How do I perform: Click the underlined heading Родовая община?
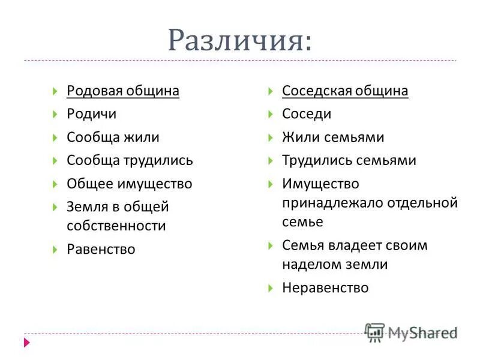(x=123, y=91)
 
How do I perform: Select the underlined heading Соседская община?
(x=345, y=91)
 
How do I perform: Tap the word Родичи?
(x=91, y=114)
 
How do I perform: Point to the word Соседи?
(x=307, y=114)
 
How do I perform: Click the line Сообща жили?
(x=113, y=137)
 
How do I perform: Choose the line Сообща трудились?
(x=130, y=161)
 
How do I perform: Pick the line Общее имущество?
(x=130, y=184)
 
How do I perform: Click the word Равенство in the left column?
(x=101, y=250)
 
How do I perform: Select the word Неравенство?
(x=325, y=288)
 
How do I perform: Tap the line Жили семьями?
(x=333, y=137)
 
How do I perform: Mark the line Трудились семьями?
(x=349, y=161)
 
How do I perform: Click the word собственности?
(x=116, y=226)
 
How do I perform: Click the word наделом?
(x=308, y=265)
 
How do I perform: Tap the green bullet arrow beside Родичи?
(x=55, y=114)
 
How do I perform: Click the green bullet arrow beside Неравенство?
(x=270, y=288)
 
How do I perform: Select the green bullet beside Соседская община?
(x=270, y=91)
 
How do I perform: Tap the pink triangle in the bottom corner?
(x=27, y=343)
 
